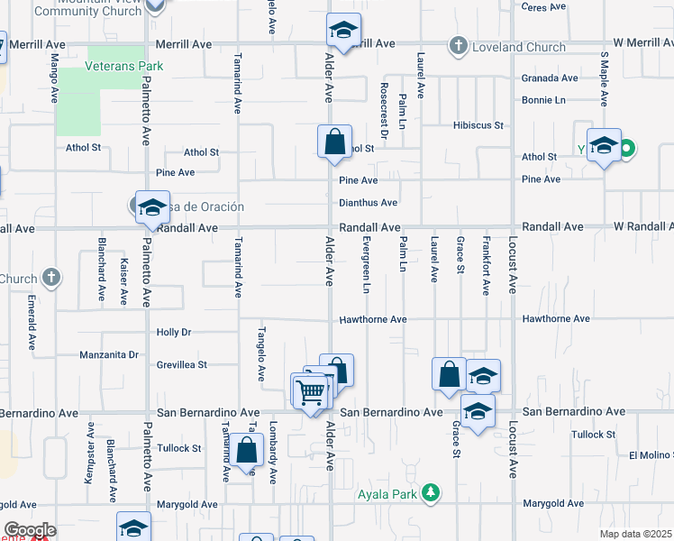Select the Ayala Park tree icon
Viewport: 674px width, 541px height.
tap(433, 491)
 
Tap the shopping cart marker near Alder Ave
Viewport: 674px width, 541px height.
tap(310, 392)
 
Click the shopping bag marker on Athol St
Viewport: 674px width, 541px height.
tap(334, 142)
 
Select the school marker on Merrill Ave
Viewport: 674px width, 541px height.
tap(342, 32)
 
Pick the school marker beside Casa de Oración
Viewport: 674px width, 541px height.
tap(153, 207)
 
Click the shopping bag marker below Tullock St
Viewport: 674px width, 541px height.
tap(245, 450)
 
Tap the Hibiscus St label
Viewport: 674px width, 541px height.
tap(478, 125)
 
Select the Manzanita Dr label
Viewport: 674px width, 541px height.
tap(108, 354)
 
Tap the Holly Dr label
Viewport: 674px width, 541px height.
tap(174, 333)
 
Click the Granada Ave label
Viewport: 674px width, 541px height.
tap(550, 78)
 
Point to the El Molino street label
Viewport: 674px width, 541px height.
tap(651, 455)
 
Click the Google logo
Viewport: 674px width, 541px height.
tap(29, 530)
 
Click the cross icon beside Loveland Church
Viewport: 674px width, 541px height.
tap(459, 44)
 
